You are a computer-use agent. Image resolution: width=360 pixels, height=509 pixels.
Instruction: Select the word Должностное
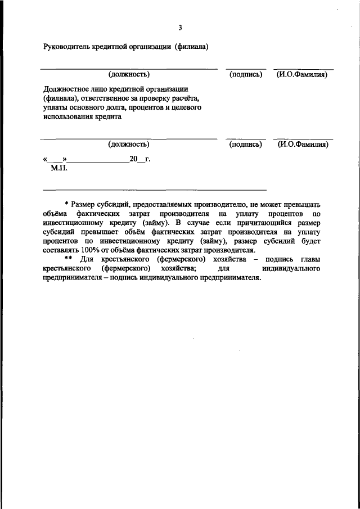coord(66,89)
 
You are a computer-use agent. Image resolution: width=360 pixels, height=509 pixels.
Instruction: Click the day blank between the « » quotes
coord(55,160)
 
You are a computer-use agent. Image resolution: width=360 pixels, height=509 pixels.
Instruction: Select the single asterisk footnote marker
coord(66,205)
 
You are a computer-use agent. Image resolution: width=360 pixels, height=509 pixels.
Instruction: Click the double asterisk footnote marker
coord(68,259)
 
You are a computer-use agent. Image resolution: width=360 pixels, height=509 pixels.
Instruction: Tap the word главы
coord(309,259)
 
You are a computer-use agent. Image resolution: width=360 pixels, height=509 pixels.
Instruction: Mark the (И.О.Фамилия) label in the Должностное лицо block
coord(303,145)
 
